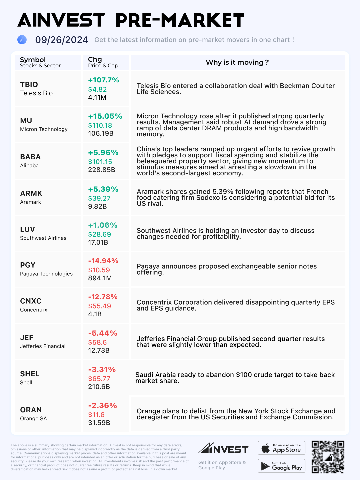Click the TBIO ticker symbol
point(29,85)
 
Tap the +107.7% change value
point(103,80)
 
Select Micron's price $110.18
point(100,125)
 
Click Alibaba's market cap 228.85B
point(102,170)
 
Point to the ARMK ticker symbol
point(31,193)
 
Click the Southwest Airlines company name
point(43,238)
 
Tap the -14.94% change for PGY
point(103,261)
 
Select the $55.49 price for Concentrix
point(99,306)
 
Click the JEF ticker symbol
point(27,337)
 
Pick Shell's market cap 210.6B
point(99,387)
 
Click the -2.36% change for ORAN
point(102,406)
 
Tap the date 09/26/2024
point(62,40)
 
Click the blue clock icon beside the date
point(22,40)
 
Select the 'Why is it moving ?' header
point(237,62)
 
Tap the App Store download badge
point(281,448)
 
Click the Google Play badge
point(281,466)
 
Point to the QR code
point(328,457)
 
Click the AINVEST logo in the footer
point(223,448)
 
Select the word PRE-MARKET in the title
point(180,21)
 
